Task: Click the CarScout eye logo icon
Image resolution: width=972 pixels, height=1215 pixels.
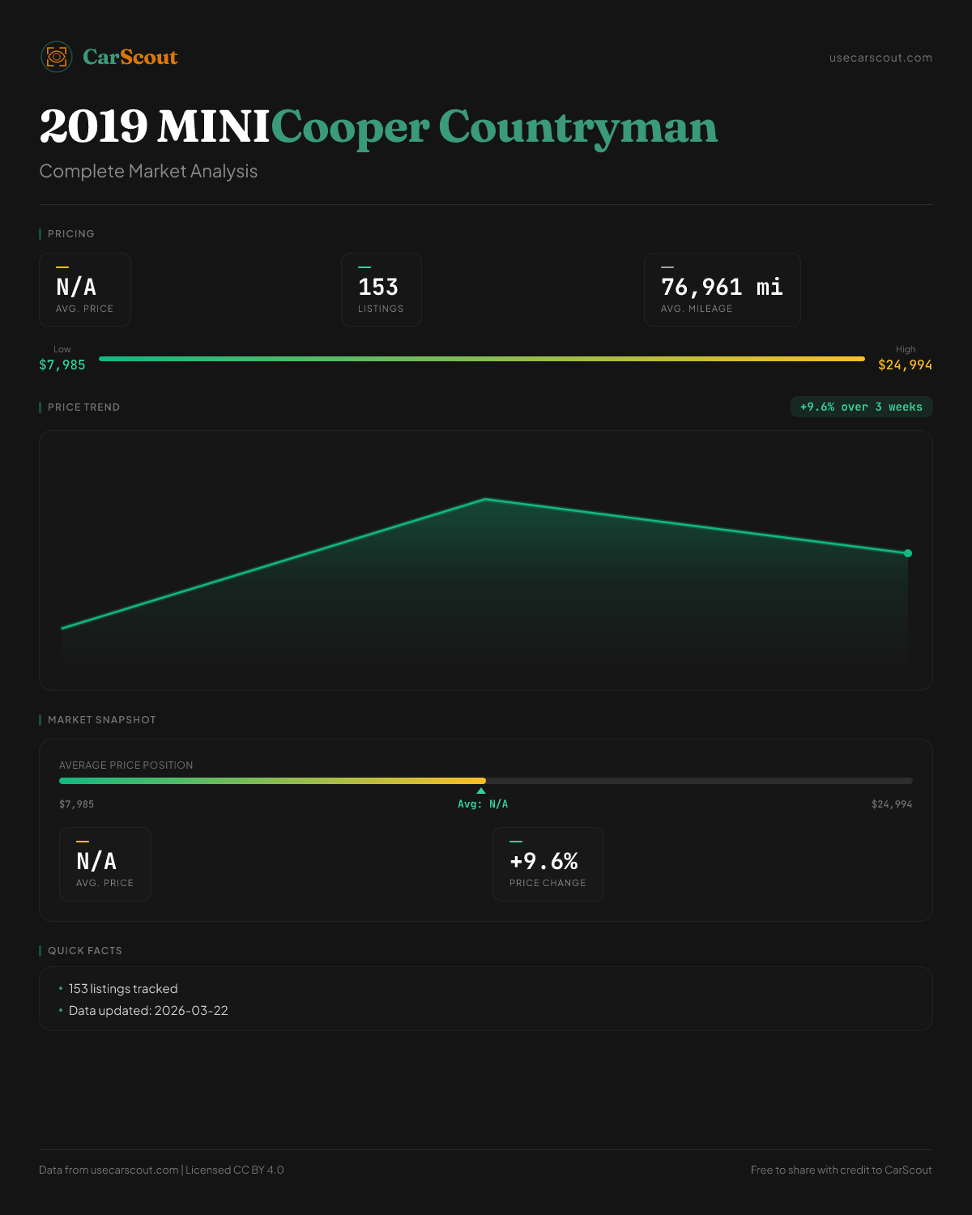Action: tap(57, 57)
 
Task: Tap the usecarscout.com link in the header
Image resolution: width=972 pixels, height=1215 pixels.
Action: tap(880, 58)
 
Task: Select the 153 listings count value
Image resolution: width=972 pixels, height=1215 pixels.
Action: tap(378, 287)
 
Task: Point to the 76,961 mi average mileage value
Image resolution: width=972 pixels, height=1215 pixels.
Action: tap(722, 287)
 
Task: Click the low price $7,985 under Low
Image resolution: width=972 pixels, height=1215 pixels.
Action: tap(62, 365)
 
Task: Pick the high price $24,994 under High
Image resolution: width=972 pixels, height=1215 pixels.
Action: tap(905, 365)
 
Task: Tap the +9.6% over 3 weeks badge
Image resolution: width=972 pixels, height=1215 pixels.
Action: tap(861, 407)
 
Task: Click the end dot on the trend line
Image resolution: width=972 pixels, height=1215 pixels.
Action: tap(908, 553)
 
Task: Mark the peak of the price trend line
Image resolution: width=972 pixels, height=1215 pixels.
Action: tap(485, 499)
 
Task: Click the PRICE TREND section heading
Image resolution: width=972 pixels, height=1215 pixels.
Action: tap(83, 407)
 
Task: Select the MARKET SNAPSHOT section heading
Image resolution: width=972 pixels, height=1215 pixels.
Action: tap(101, 720)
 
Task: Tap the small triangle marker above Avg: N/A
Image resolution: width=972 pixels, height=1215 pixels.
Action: tap(481, 791)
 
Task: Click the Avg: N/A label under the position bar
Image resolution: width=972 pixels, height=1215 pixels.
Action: tap(483, 804)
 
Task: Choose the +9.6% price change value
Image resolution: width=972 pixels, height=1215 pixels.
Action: tap(544, 861)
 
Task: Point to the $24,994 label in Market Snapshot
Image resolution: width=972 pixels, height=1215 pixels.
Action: tap(892, 804)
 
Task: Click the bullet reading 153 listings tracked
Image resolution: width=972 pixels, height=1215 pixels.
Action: tap(123, 989)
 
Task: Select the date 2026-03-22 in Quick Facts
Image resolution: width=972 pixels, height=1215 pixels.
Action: tap(191, 1011)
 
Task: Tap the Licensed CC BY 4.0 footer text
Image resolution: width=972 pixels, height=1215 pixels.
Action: tap(235, 1170)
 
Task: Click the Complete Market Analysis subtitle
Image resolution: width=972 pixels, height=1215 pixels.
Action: tap(148, 172)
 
